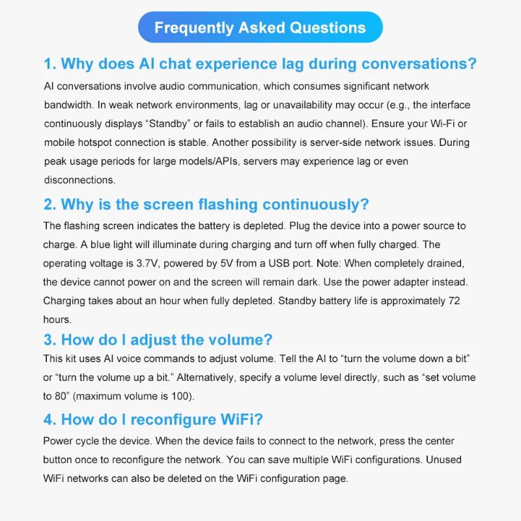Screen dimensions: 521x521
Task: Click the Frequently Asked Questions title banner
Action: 260,28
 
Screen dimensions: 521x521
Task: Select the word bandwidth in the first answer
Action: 69,105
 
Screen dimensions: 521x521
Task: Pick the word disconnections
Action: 79,179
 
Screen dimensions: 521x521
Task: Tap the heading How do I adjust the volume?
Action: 158,339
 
